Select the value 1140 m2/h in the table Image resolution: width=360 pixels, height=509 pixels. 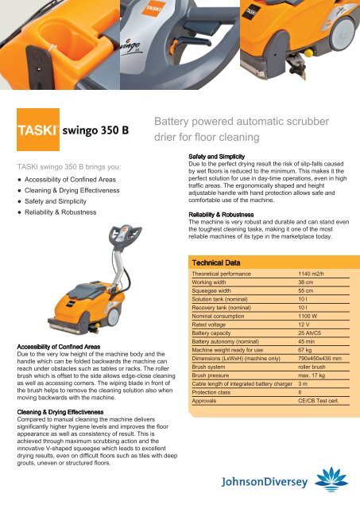pos(304,274)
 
